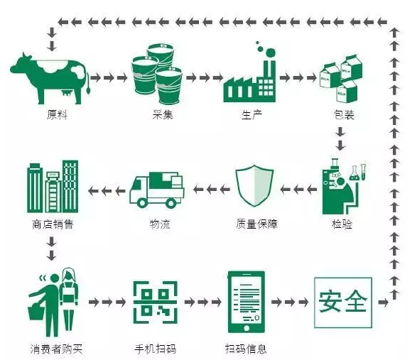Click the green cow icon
[49, 78]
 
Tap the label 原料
[57, 115]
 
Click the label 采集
[163, 115]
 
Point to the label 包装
[344, 115]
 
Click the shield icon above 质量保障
[254, 185]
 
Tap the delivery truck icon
[157, 190]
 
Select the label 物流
[160, 224]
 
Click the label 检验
[342, 224]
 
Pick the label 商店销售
[53, 224]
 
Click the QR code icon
[156, 302]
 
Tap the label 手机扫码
[156, 349]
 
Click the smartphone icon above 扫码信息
[247, 302]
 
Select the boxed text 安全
[343, 302]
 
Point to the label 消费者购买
[56, 349]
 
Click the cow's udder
[67, 93]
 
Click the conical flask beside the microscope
[354, 173]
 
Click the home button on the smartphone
[247, 328]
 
